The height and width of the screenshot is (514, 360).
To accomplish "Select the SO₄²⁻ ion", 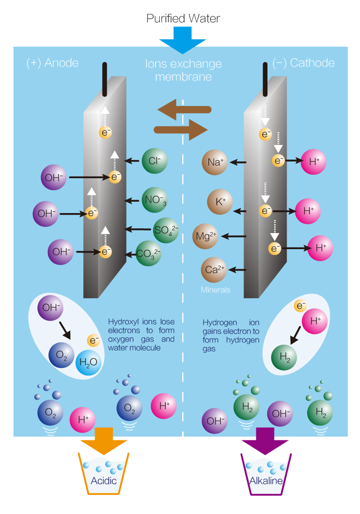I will coord(166,229).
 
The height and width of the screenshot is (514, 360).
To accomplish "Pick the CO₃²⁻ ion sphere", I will coord(148,253).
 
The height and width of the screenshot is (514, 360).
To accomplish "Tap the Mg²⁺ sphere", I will coord(205,236).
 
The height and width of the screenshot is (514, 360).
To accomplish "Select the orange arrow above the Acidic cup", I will coord(105,440).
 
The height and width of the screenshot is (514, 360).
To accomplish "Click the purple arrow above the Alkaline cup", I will coord(264,440).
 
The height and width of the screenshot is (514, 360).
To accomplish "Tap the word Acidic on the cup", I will coord(105,481).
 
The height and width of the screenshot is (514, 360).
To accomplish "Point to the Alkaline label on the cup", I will coord(264,481).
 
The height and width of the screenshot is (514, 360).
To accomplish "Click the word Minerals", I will coord(216,290).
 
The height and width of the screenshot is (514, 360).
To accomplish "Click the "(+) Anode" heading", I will coord(52,63).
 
